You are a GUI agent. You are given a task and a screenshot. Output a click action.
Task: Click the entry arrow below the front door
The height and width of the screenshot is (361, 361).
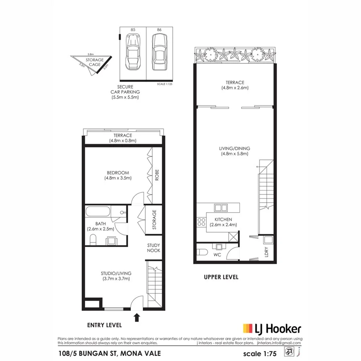coord(137,318)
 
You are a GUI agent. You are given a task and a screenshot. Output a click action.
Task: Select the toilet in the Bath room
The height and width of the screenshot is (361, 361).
coord(93,240)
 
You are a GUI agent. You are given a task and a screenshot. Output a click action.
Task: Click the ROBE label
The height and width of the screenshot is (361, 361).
coord(157,175)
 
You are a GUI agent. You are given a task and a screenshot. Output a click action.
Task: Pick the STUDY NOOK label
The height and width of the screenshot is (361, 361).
coord(154,248)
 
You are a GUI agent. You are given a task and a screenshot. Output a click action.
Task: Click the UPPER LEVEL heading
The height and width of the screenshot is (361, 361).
coord(221,277)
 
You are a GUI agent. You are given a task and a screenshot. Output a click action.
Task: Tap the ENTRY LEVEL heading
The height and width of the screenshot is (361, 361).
coord(104,325)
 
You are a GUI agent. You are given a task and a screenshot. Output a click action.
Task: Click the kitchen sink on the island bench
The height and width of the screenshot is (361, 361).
coord(220,208)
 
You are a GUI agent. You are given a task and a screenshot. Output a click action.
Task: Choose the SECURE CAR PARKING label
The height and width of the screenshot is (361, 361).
coord(125,92)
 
